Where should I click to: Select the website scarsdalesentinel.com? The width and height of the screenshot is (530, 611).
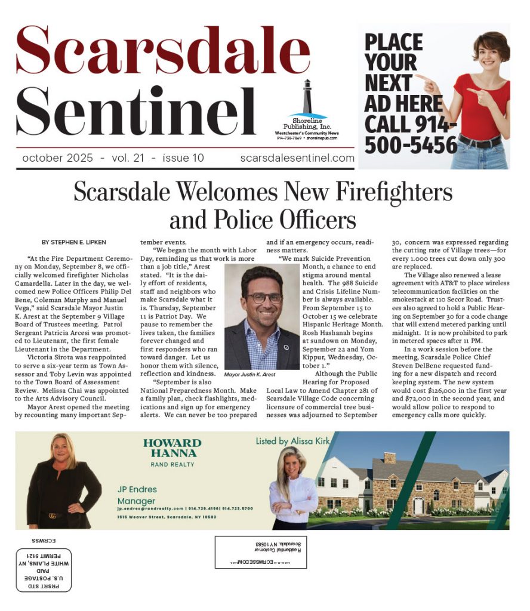297,158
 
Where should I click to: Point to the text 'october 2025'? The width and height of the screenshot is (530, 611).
57,158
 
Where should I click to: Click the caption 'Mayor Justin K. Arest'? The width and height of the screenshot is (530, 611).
251,375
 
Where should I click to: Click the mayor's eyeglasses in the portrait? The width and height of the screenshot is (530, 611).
263,298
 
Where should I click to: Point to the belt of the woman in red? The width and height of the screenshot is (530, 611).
479,142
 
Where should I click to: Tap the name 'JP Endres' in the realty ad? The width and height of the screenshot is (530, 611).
137,489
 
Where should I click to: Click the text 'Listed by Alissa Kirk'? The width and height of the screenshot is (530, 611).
292,441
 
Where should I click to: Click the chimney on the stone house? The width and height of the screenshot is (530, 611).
389,458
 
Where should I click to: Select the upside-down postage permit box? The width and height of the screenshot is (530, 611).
44,569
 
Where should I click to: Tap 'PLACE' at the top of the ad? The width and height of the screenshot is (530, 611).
393,43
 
